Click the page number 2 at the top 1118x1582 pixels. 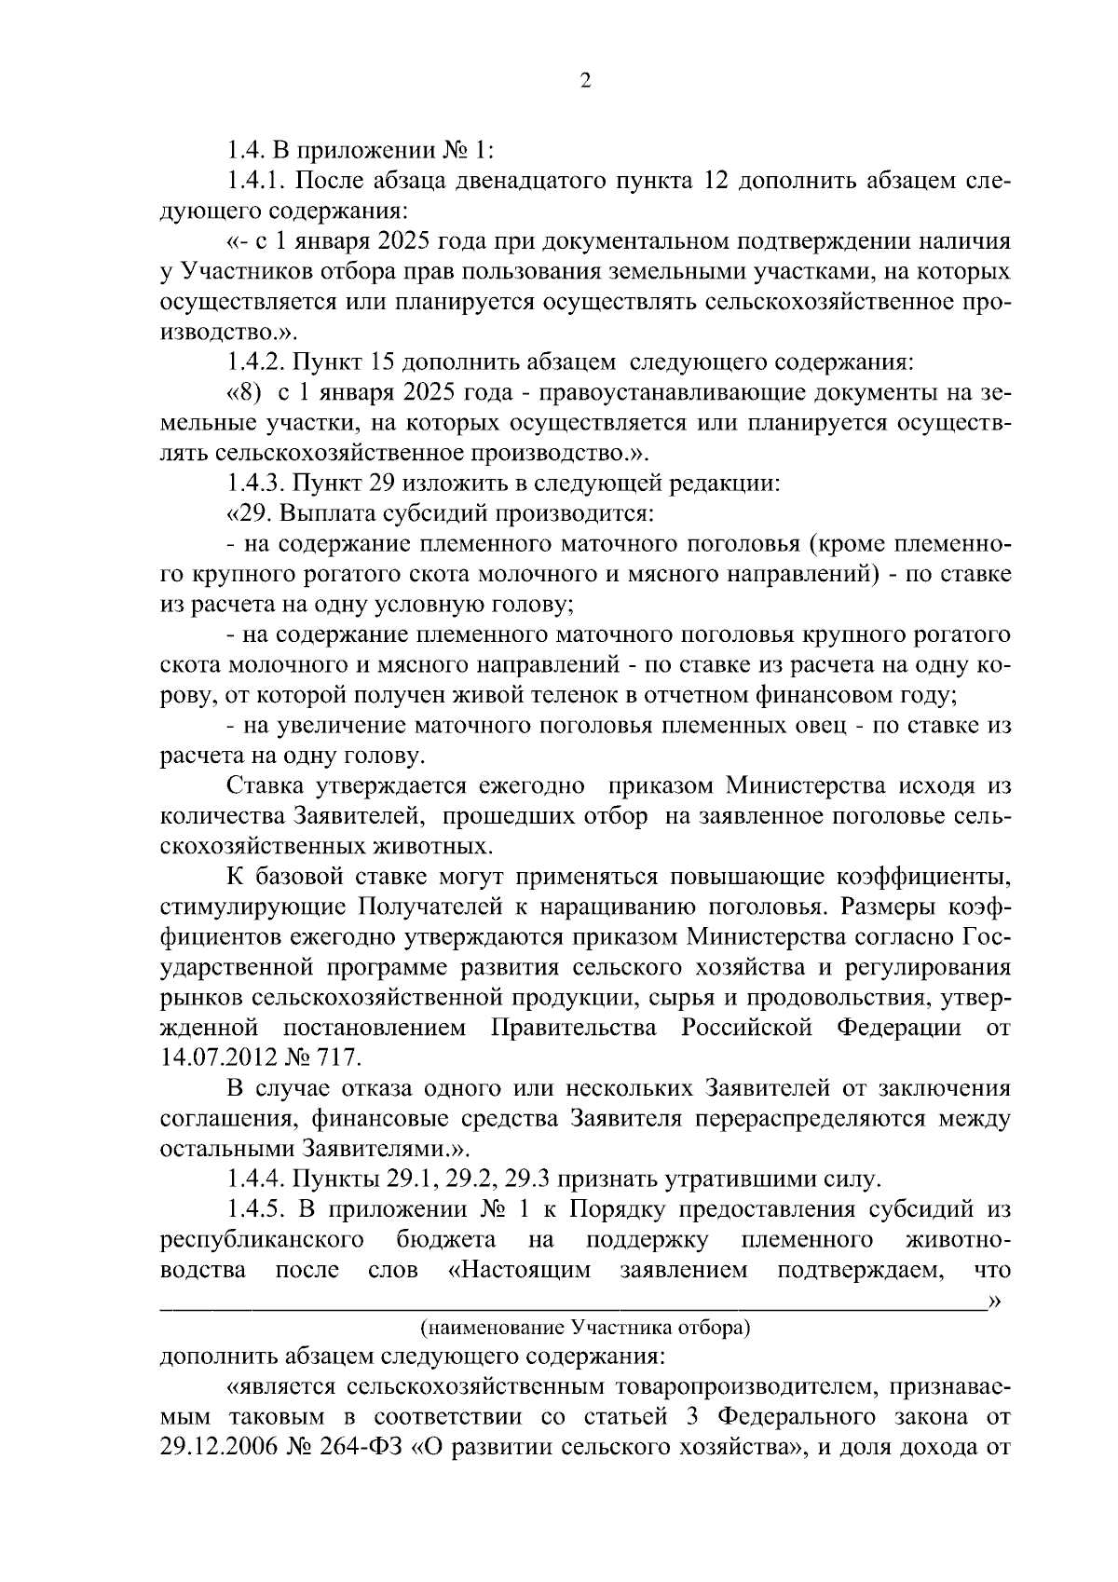coord(585,81)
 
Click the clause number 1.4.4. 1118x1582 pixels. coord(256,1180)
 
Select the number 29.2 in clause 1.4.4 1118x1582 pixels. coord(470,1180)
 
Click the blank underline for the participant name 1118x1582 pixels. coord(568,1301)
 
